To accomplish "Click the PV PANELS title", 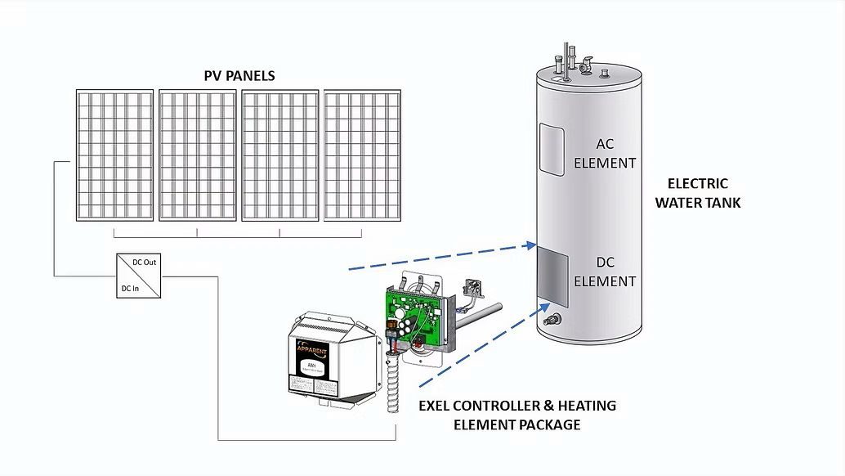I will click(239, 75).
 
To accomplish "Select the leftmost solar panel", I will click(115, 155).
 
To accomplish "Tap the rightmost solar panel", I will click(363, 155).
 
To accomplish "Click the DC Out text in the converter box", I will click(145, 263).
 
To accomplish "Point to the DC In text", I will click(132, 288).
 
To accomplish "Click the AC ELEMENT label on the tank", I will click(605, 152).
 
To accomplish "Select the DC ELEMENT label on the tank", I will click(605, 271).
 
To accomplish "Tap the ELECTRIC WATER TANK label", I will click(697, 193).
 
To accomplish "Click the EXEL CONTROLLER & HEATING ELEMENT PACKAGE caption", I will click(517, 415).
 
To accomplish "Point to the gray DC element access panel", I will click(552, 275).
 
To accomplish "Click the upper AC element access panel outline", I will click(552, 150).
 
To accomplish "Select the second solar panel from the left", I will click(198, 155).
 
